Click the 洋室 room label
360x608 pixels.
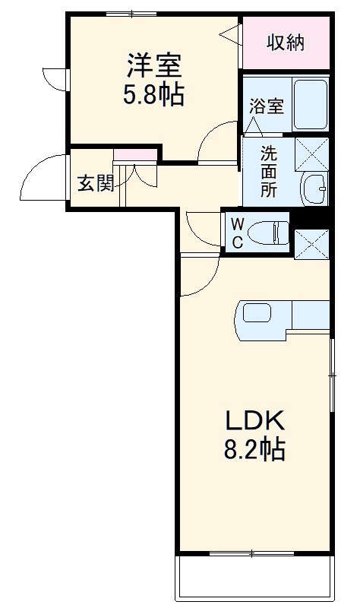pyautogui.click(x=154, y=65)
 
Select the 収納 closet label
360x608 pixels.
pyautogui.click(x=285, y=43)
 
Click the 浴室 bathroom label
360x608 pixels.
pyautogui.click(x=266, y=106)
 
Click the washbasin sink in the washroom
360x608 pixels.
pyautogui.click(x=313, y=185)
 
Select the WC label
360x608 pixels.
pyautogui.click(x=237, y=233)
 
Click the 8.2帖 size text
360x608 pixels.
pyautogui.click(x=253, y=451)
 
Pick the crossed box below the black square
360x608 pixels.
pyautogui.click(x=312, y=242)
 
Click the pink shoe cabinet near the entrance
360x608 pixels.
pyautogui.click(x=135, y=155)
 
